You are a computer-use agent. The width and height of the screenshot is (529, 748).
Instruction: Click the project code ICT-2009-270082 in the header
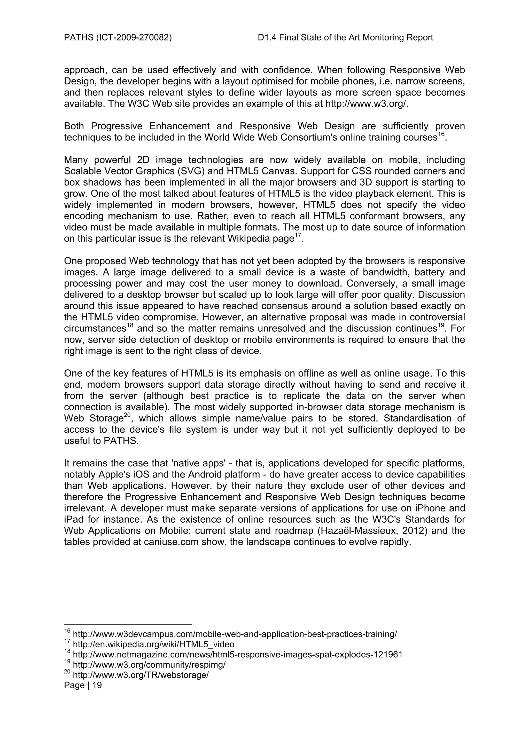(134, 38)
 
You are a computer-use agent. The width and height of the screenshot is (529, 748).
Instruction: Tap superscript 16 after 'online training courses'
(441, 134)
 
